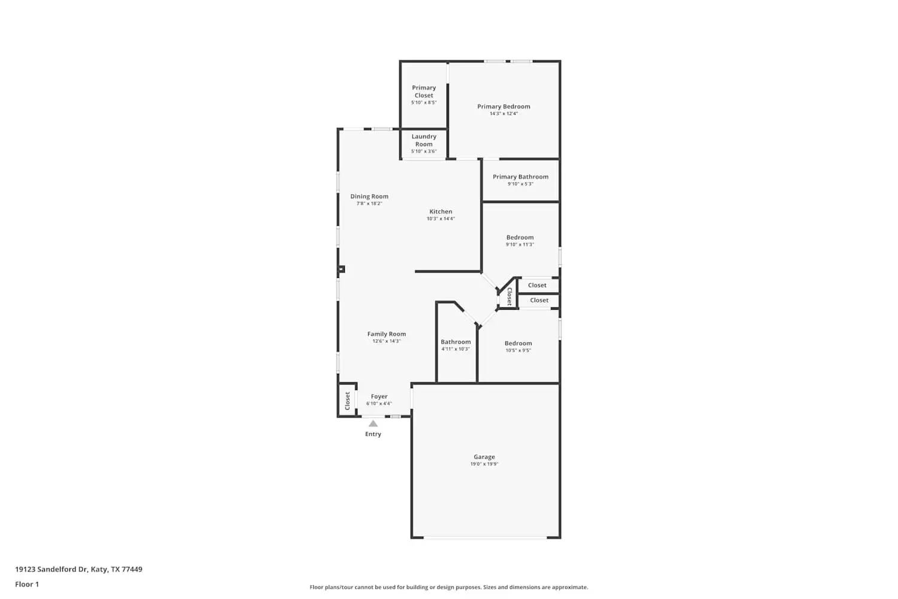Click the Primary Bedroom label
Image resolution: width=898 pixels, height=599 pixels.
point(503,107)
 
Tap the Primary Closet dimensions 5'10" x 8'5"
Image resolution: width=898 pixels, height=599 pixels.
point(424,102)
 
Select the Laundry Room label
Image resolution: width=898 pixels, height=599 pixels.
point(424,140)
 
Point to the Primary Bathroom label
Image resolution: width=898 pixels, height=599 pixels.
point(520,177)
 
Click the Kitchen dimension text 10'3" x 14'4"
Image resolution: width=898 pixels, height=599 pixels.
point(441,219)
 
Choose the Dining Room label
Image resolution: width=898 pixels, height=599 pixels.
point(369,196)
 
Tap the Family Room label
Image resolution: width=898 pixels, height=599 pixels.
point(386,334)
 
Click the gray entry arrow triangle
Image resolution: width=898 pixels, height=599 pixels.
point(373,423)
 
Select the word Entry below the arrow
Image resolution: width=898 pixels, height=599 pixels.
point(373,434)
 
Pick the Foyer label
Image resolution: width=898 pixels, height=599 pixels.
point(379,397)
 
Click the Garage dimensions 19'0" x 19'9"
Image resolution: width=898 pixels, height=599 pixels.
point(484,464)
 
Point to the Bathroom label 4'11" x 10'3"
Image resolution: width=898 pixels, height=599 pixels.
point(456,342)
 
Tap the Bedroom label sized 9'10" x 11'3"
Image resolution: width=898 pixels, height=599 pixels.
point(520,237)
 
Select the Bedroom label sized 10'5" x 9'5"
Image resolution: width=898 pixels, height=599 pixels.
point(518,343)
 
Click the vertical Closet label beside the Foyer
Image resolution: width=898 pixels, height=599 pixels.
point(347,401)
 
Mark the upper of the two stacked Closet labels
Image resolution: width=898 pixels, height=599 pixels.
point(537,285)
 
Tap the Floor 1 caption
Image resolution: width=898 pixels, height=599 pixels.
point(27,585)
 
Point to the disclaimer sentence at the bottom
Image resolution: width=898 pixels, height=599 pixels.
point(448,587)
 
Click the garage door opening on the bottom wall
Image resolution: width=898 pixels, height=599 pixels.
point(485,537)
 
